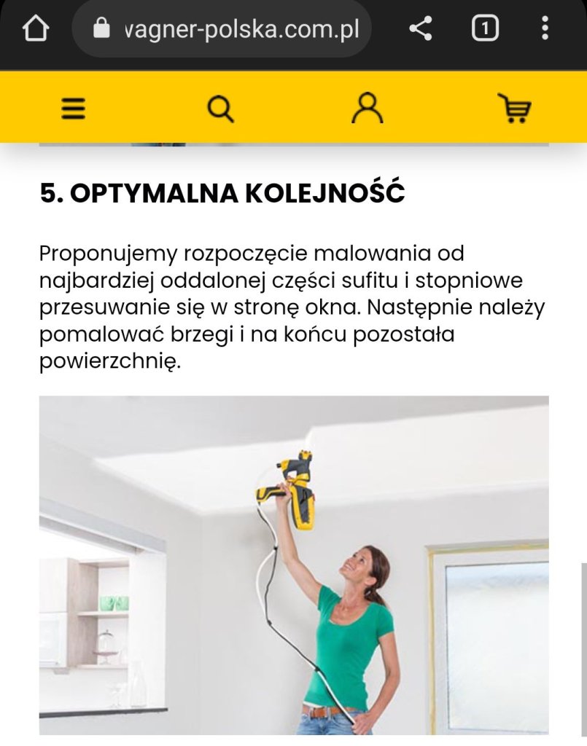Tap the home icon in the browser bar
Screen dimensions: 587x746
36,28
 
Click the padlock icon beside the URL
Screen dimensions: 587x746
101,28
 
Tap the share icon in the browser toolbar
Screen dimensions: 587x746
420,28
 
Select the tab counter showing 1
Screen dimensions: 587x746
485,28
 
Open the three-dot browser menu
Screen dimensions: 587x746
545,28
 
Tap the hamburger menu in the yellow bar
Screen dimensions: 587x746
74,109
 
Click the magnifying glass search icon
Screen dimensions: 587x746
220,109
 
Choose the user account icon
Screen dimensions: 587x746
367,109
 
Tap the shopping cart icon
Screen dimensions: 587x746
515,108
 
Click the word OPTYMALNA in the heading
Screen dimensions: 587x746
154,193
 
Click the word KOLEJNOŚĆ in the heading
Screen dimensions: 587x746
325,192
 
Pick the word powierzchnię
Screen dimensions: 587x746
110,362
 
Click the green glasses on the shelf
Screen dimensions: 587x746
114,603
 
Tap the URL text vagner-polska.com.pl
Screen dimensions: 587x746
241,29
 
